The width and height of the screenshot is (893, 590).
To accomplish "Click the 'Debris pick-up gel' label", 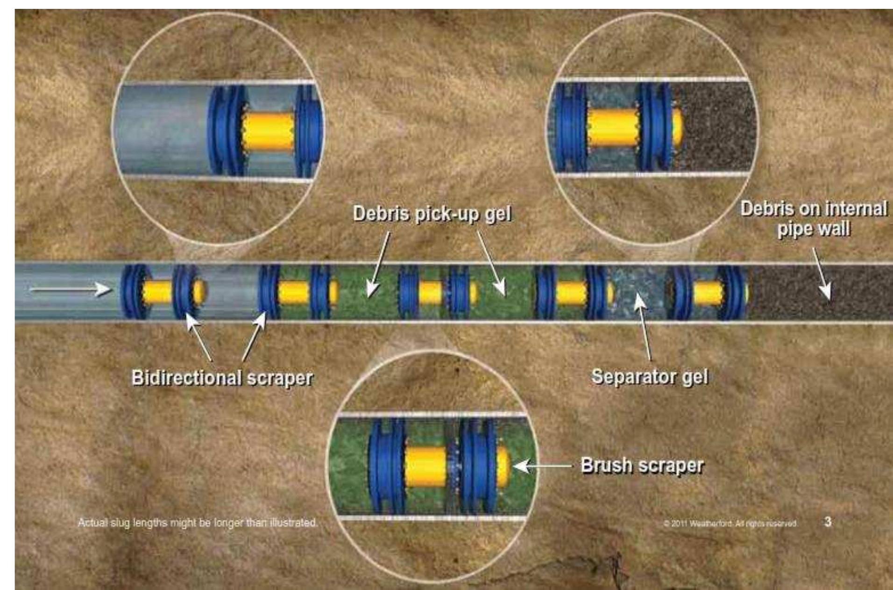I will [x=432, y=214].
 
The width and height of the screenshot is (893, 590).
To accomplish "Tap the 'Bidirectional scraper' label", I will [x=222, y=378].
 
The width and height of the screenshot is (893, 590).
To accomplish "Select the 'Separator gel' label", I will [x=649, y=376].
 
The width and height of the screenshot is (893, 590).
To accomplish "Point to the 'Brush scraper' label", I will [x=642, y=465].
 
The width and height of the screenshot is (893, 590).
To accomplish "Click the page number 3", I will [x=828, y=522].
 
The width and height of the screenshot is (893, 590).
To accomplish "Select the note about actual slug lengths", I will [x=198, y=523].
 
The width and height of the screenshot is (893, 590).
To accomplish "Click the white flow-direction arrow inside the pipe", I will [x=70, y=290].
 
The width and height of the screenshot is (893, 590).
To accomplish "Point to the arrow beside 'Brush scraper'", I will [x=542, y=466].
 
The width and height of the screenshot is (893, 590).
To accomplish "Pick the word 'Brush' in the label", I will [x=606, y=465].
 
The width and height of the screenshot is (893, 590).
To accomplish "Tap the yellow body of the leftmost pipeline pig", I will [x=157, y=292].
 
